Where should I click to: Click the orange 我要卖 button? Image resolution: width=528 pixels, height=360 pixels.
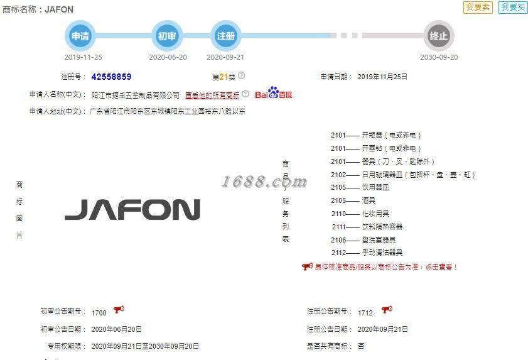478,8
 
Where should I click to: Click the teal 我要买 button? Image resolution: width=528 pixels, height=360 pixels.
513,8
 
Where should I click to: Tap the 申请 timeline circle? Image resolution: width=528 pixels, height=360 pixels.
80,36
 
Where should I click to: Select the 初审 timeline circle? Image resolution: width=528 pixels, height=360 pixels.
167,36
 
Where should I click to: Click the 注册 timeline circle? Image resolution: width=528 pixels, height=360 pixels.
225,36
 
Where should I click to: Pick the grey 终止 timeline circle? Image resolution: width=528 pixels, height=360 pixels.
438,36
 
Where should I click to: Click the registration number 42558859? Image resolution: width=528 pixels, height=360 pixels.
111,77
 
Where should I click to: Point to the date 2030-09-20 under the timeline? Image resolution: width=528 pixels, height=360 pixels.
439,57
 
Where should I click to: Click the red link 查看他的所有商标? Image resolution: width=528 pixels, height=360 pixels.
212,95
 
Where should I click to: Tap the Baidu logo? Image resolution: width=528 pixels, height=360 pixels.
274,94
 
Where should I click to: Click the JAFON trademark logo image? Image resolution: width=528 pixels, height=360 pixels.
132,210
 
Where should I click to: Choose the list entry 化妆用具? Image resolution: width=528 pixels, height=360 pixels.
375,214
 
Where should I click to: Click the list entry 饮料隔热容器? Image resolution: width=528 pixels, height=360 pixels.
382,227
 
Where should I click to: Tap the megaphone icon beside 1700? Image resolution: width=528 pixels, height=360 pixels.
119,310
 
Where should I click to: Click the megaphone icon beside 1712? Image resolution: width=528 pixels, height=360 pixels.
387,310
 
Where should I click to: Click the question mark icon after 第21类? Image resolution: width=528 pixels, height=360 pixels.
242,76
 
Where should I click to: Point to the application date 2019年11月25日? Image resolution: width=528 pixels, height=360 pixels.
382,77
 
